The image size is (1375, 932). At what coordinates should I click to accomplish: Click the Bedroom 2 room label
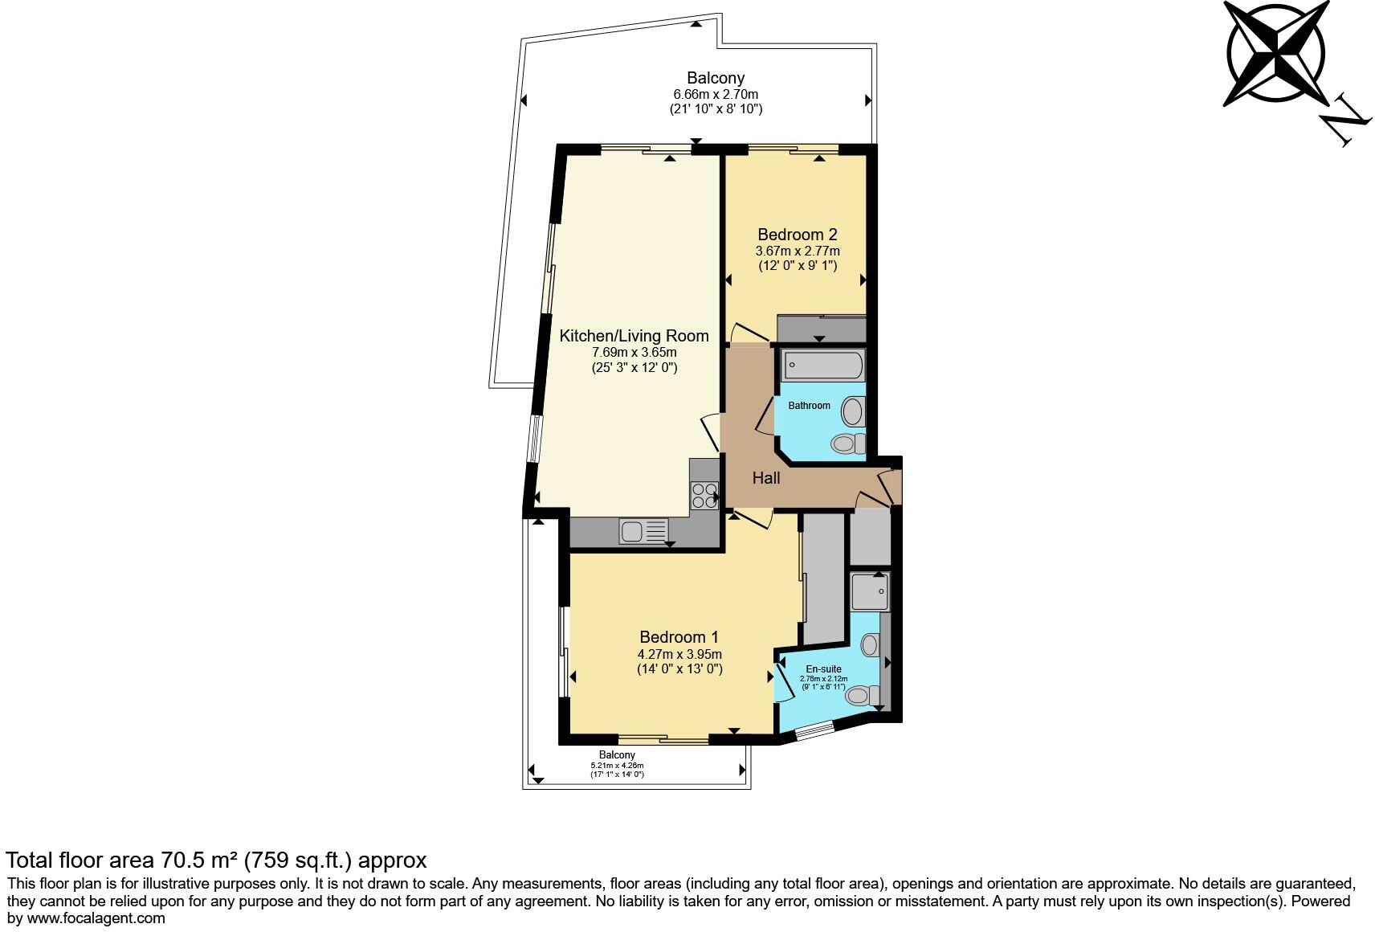(x=797, y=235)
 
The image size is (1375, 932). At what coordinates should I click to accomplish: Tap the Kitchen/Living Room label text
(x=634, y=336)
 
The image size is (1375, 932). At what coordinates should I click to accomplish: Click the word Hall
(x=765, y=478)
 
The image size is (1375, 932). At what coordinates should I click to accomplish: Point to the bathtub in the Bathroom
(x=822, y=365)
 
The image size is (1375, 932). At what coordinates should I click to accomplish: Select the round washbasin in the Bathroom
(x=852, y=412)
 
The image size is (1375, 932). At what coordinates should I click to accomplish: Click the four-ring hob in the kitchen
(x=704, y=494)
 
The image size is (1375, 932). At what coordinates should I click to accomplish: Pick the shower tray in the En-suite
(x=869, y=592)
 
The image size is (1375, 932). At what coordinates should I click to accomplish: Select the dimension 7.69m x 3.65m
(x=634, y=353)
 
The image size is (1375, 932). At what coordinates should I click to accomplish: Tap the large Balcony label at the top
(x=715, y=78)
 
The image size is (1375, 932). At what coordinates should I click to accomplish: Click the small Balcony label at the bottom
(x=617, y=755)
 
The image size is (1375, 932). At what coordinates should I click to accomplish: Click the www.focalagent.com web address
(x=96, y=918)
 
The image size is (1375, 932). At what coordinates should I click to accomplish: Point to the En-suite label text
(x=823, y=668)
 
